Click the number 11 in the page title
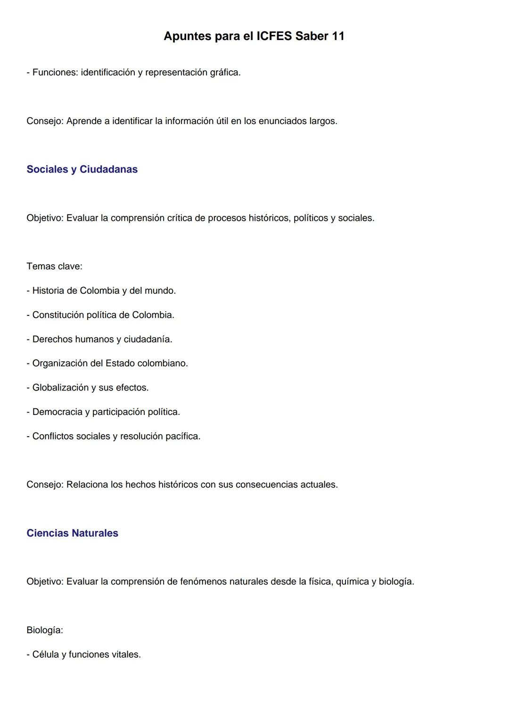point(338,36)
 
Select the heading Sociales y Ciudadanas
point(82,169)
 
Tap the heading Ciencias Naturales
point(72,533)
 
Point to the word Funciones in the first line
point(55,73)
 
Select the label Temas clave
point(54,266)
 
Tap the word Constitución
point(58,315)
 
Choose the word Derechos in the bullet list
point(52,339)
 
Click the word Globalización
point(60,388)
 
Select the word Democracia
point(57,412)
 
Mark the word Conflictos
point(53,436)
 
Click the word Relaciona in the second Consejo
point(87,485)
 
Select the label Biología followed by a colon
point(45,630)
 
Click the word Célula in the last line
point(46,654)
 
